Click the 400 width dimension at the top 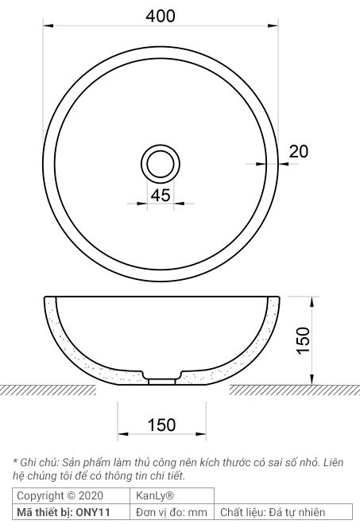pos(161,14)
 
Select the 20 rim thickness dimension pos(298,152)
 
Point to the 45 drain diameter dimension pos(161,196)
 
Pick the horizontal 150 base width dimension pos(161,425)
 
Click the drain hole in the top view pos(161,163)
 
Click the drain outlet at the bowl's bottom pos(161,380)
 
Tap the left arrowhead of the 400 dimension pos(47,26)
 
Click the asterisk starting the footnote pos(15,461)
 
